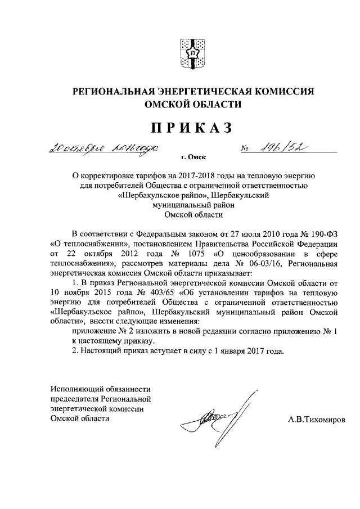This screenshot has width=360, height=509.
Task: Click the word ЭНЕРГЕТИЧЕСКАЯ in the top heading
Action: point(205,91)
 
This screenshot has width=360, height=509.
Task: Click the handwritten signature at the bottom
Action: point(219,417)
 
